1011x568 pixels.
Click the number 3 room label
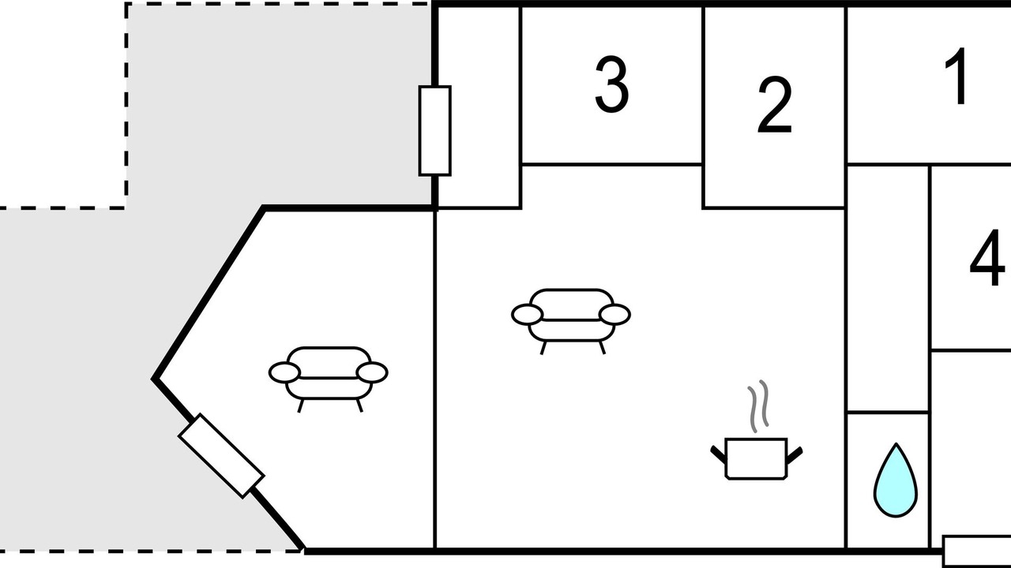(611, 84)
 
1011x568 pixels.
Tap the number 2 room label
(775, 105)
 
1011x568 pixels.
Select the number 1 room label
(957, 76)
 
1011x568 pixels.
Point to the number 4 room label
(987, 257)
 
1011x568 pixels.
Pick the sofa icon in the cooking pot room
(571, 321)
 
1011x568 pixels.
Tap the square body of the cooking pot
(756, 458)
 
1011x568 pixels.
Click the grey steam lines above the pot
(757, 406)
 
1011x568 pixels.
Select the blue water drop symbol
(896, 480)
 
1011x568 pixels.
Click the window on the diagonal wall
(221, 456)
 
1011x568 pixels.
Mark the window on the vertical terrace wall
(434, 130)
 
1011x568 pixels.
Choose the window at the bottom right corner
(977, 551)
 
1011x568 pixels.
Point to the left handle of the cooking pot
(718, 454)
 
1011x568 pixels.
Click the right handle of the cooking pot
(795, 454)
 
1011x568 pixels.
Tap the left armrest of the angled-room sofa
(284, 373)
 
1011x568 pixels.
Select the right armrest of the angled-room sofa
(372, 372)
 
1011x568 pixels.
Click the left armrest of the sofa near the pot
(527, 314)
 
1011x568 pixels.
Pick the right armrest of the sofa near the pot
(614, 314)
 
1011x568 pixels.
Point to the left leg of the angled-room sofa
(301, 405)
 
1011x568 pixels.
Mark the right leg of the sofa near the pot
(602, 348)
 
